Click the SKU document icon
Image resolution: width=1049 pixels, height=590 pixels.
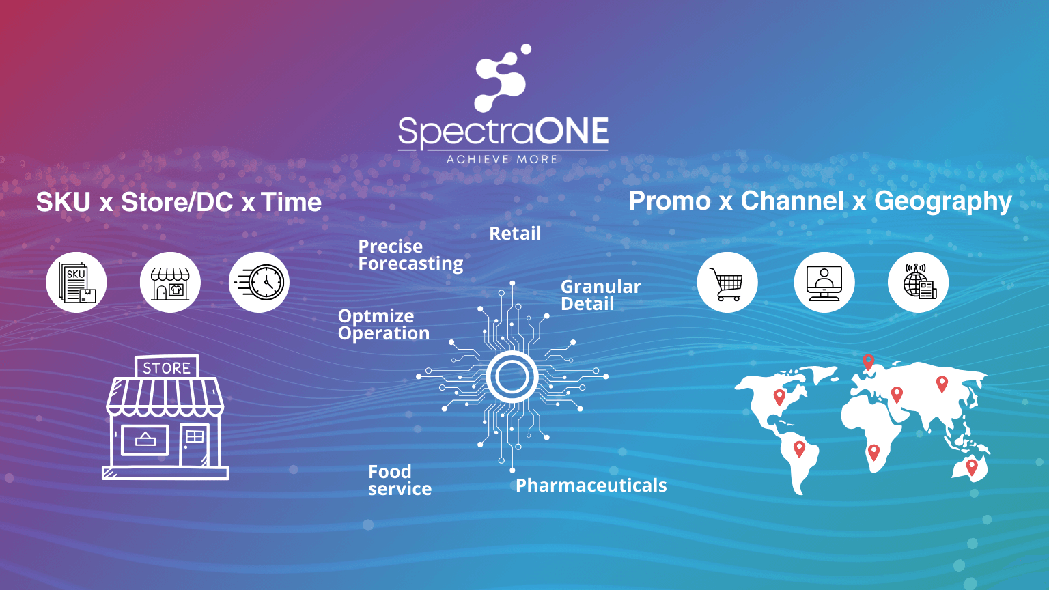click(x=76, y=283)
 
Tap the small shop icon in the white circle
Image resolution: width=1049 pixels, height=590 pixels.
click(x=170, y=283)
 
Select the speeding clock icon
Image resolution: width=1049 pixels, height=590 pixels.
click(x=260, y=283)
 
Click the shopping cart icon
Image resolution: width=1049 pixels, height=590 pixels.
click(x=727, y=283)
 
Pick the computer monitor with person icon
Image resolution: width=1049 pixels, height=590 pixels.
click(x=824, y=283)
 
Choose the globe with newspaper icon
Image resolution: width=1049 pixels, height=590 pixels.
click(x=919, y=283)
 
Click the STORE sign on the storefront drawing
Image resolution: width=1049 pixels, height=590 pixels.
click(x=167, y=367)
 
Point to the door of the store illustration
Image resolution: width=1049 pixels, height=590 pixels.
click(x=195, y=445)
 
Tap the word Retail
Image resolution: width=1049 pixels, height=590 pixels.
click(x=515, y=234)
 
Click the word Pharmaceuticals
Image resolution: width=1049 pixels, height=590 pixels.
click(x=591, y=486)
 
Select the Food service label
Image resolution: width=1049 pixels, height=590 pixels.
click(x=400, y=480)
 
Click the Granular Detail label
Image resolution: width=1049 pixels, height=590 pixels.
click(x=600, y=295)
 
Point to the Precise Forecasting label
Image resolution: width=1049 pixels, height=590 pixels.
click(x=410, y=255)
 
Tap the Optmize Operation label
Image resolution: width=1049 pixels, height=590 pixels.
click(x=383, y=324)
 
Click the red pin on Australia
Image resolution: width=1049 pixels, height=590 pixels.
click(x=972, y=467)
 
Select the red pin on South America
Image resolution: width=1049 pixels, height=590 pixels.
click(x=799, y=448)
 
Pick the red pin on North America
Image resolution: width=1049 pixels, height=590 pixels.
click(x=779, y=396)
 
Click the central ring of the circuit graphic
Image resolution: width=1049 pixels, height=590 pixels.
click(x=512, y=377)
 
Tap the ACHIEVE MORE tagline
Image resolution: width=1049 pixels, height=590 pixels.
click(x=502, y=159)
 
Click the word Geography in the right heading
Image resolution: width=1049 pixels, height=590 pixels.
click(x=942, y=201)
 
